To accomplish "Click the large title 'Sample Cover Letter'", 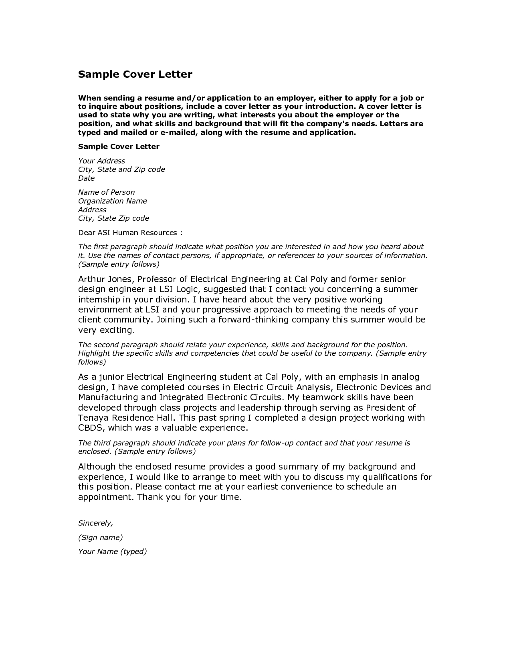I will point(135,74).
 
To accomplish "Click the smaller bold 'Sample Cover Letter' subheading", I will point(119,147).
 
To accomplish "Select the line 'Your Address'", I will point(101,161).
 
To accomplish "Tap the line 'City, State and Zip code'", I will point(121,169).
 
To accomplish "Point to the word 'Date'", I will point(86,178).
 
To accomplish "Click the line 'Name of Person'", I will point(106,192).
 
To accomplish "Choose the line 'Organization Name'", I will point(112,201).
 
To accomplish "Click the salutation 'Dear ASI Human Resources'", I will point(127,233).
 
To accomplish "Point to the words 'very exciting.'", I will point(106,330).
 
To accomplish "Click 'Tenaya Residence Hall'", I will point(127,418).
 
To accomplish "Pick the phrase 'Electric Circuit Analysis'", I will point(282,387).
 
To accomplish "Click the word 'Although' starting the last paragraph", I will point(97,467).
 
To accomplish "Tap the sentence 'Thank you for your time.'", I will point(190,497).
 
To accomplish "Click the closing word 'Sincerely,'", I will point(95,523).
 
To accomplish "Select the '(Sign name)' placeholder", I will point(100,538).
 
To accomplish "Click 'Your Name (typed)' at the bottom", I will point(112,552).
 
